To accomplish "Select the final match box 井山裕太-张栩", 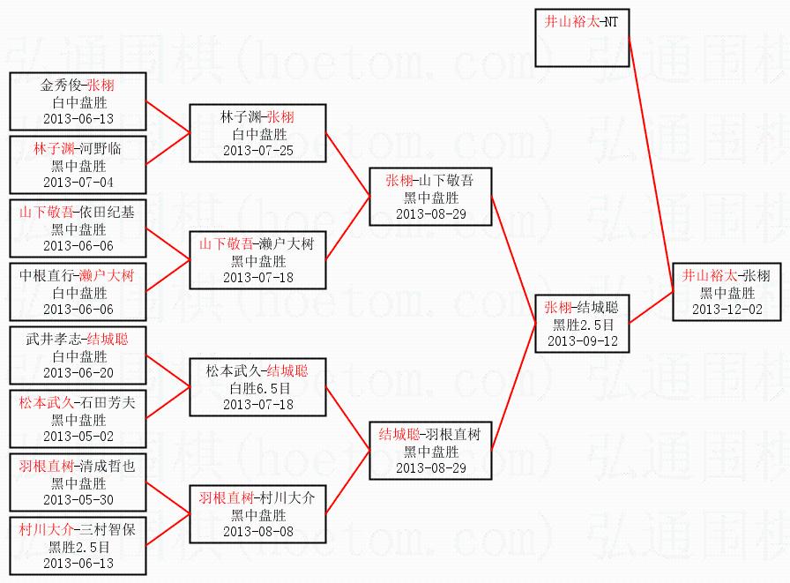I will click(727, 293).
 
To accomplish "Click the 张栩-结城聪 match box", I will click(582, 324).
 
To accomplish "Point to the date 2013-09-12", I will click(582, 340).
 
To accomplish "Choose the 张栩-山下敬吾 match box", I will click(430, 197).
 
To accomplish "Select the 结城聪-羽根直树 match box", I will click(430, 451).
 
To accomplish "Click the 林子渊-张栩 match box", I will click(257, 133).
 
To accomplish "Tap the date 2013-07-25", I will click(257, 150).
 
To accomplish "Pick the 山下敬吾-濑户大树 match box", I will click(257, 260).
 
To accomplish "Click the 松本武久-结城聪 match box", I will click(257, 387).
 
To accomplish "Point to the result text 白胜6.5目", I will click(257, 387).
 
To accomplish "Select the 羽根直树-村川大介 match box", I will click(257, 514).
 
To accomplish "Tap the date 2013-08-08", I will click(257, 531).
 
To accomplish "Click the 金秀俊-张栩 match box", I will click(78, 101).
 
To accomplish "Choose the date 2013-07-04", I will click(78, 182).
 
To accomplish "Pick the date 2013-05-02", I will click(78, 436).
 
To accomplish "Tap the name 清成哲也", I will click(108, 466).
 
